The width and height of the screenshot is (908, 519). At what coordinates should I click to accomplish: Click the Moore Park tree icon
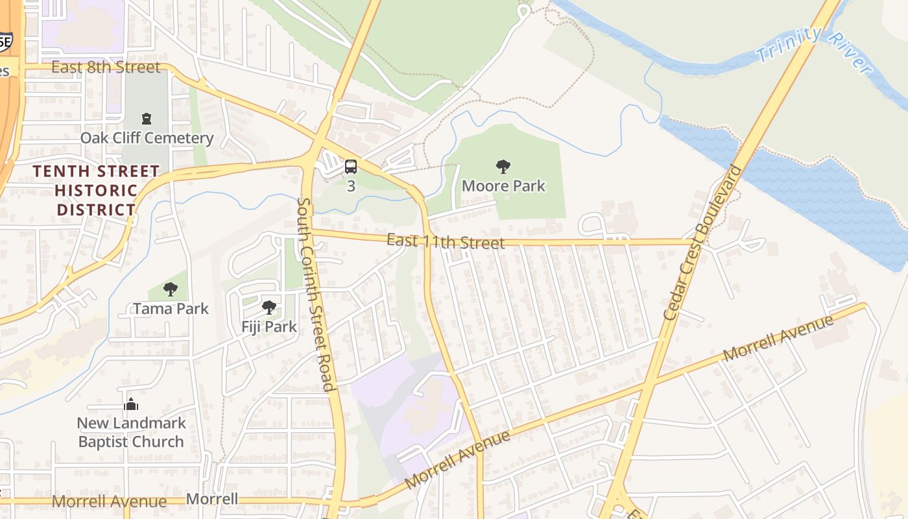coord(503,167)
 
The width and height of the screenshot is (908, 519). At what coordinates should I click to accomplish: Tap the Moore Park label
coord(503,186)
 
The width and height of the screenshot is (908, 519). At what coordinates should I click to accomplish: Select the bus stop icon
coord(351,167)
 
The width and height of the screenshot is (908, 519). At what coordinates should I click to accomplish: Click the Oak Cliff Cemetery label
coord(147,138)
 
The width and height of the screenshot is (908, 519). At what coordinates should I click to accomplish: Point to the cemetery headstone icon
coord(147,119)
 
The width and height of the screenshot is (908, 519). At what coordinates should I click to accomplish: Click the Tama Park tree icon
coord(171,289)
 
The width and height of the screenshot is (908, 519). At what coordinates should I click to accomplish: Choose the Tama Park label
coord(171,308)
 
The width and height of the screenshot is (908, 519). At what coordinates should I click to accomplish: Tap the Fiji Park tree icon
coord(269,308)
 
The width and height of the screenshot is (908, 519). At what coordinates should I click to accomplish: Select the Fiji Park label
coord(269,326)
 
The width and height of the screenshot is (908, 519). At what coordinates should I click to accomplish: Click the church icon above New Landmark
coord(131,404)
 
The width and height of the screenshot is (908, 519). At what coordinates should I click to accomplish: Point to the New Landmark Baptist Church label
coord(131,433)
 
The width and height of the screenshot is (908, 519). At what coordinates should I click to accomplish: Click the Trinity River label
coord(813,49)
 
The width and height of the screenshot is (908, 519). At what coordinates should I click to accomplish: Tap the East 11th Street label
coord(445,241)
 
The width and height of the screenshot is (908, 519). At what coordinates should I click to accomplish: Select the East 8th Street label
coord(105,67)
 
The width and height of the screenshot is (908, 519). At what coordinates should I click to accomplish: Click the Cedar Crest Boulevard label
coord(703,243)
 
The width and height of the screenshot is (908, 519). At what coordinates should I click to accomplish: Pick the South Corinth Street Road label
coord(315,295)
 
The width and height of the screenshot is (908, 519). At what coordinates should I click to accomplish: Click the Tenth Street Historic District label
coord(96,191)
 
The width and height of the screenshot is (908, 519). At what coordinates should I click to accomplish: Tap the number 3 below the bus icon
coord(351,186)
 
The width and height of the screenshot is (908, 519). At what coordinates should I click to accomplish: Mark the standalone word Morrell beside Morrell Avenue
coord(211,500)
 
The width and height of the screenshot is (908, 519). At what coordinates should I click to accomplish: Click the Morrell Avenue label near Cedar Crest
coord(778,338)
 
